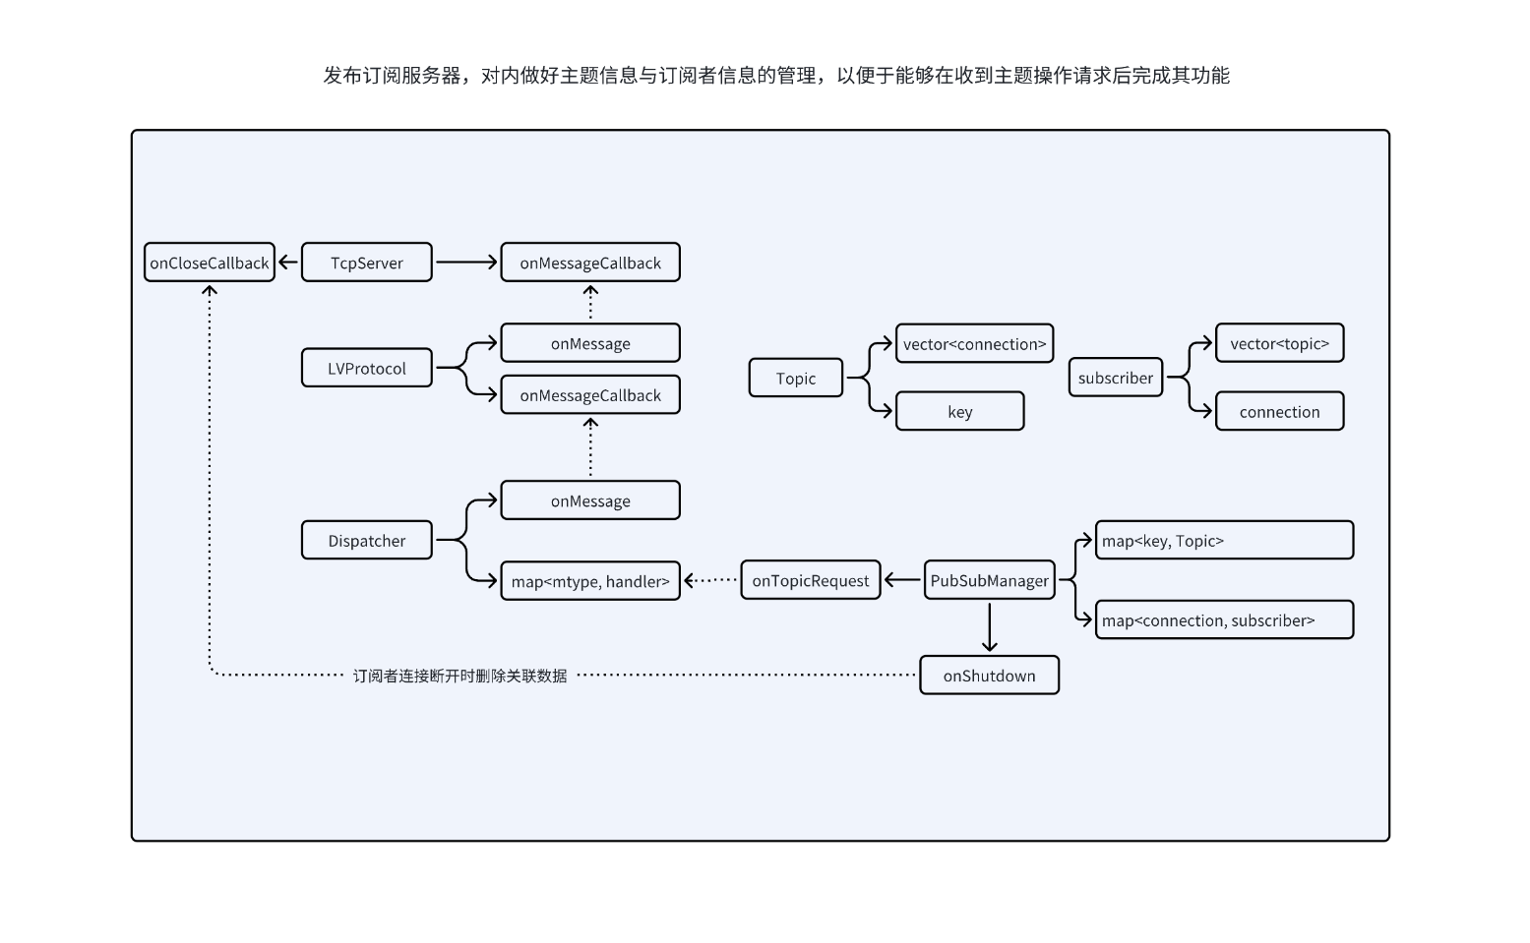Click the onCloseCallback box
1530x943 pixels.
(x=209, y=263)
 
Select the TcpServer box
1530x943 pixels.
(x=366, y=263)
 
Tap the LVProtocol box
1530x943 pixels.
(x=366, y=368)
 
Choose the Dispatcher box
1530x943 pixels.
(x=366, y=540)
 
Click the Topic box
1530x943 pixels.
(x=795, y=378)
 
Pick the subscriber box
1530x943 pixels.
(x=1115, y=378)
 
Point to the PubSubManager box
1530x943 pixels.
(x=989, y=580)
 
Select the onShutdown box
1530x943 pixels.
(x=989, y=676)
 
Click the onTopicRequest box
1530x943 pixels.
(x=810, y=580)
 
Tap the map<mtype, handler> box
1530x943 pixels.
(x=589, y=581)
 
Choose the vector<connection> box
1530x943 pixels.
(x=974, y=343)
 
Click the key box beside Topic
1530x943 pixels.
(x=959, y=412)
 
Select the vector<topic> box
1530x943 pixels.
(x=1279, y=343)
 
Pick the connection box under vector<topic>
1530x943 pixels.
(x=1279, y=412)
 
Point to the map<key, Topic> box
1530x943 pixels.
(x=1224, y=540)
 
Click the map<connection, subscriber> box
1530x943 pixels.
(x=1224, y=620)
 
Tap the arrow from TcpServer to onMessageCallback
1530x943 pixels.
(x=466, y=263)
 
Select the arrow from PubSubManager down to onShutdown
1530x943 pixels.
(x=989, y=627)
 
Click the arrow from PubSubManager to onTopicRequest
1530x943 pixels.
(x=902, y=580)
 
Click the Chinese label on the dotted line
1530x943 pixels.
(x=459, y=676)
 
